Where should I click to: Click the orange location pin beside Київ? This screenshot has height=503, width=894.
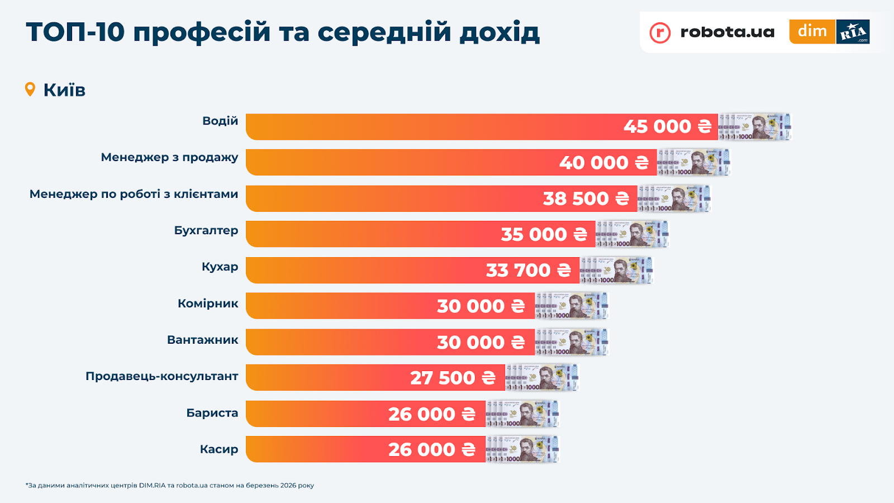click(30, 89)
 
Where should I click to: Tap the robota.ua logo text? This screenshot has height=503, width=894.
click(727, 32)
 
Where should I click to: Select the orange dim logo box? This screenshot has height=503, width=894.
click(812, 31)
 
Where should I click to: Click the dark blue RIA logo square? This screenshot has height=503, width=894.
click(853, 32)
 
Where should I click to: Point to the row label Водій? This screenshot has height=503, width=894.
click(220, 121)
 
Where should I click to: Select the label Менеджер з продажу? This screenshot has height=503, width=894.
click(169, 157)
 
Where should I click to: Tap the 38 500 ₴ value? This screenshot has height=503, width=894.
click(586, 198)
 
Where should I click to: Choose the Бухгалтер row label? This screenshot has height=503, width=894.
click(206, 230)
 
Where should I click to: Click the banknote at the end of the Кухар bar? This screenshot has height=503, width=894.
click(616, 271)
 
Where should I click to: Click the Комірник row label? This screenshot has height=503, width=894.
click(208, 303)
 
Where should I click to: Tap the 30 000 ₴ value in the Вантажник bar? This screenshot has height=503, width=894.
click(481, 342)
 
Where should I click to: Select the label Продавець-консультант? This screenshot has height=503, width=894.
click(162, 376)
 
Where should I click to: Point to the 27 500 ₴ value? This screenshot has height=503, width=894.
click(453, 378)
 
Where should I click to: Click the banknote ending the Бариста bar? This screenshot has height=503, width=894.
click(522, 414)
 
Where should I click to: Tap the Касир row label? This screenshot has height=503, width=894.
click(219, 449)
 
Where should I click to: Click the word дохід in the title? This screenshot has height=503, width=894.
click(500, 32)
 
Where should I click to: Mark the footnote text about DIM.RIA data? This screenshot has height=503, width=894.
click(170, 485)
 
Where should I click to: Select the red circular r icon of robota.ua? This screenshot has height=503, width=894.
click(660, 32)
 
